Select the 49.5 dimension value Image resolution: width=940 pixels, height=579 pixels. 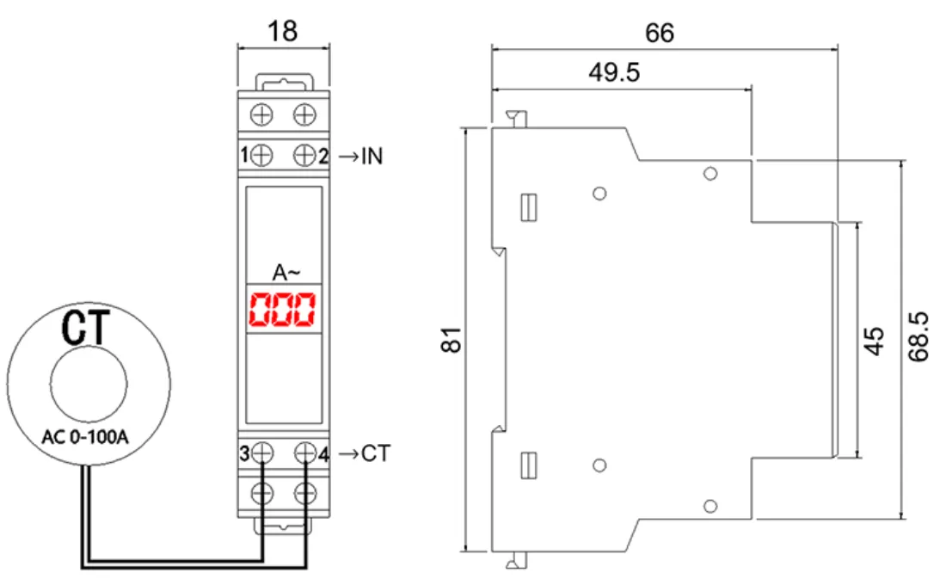coord(614,73)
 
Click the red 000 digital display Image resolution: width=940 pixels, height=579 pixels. coord(282,310)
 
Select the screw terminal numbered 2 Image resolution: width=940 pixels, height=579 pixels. coord(304,155)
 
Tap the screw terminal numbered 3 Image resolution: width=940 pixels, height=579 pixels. coord(263,453)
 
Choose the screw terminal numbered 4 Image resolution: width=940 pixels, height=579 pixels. coord(304,453)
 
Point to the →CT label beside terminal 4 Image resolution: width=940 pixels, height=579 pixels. coord(363,453)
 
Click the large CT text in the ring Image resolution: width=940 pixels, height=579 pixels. coord(88,328)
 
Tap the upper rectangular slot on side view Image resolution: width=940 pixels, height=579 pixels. coord(530,206)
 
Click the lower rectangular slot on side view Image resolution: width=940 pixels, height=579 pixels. coord(530,465)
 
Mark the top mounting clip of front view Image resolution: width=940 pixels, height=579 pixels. coord(283,83)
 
